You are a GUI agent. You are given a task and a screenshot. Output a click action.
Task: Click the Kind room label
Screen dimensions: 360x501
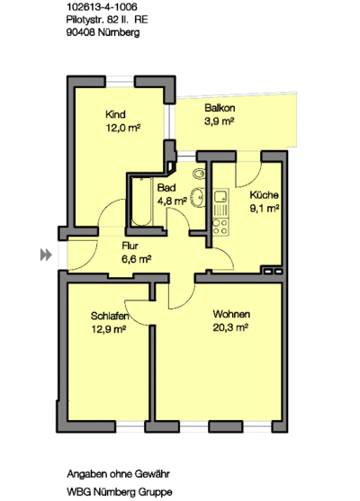[x=115, y=114]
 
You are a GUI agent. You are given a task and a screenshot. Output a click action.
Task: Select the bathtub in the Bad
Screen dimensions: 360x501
[x=141, y=201]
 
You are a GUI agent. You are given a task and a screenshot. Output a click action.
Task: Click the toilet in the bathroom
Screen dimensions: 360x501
[x=199, y=174]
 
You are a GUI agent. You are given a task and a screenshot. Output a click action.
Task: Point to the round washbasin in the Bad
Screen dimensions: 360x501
[x=197, y=198]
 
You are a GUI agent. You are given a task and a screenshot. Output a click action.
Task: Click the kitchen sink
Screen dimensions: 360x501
[x=220, y=196]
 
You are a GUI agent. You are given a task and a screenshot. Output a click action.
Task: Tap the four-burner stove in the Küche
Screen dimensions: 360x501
[x=220, y=227]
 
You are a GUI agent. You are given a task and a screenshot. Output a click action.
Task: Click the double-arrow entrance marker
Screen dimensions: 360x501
[x=46, y=255]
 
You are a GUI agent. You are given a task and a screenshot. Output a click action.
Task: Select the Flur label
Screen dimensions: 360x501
[x=130, y=246]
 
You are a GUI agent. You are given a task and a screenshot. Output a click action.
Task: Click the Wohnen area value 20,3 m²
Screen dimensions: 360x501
[x=230, y=327]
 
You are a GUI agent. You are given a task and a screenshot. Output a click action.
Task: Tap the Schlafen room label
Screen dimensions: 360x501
[x=110, y=316]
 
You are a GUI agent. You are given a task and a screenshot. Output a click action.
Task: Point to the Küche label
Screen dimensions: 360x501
[x=264, y=195]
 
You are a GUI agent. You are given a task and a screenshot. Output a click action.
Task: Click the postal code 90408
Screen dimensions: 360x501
[x=81, y=32]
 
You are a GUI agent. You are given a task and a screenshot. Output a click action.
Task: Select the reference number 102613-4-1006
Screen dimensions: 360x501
[x=102, y=6]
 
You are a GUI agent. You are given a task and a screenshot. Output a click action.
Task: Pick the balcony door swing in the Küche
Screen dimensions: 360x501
[x=248, y=174]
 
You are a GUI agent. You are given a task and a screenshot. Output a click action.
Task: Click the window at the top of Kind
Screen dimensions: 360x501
[x=120, y=82]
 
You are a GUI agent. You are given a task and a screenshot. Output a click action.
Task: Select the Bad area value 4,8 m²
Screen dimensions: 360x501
[x=172, y=201]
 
